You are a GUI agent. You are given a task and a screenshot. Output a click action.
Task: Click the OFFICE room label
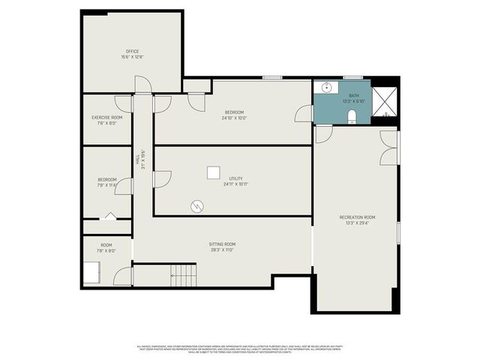(x=132, y=51)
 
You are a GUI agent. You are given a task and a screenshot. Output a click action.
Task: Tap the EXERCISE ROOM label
(x=106, y=117)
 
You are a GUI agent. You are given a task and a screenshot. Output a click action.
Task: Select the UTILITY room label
(x=235, y=178)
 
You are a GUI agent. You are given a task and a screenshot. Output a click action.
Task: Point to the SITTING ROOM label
(x=222, y=244)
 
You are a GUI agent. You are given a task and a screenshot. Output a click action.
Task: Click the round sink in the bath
(x=327, y=88)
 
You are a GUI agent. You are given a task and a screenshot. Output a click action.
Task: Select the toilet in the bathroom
(x=352, y=115)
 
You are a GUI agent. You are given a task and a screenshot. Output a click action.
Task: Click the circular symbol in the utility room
(x=197, y=205)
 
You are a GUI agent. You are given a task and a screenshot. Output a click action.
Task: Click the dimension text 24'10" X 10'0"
(x=235, y=118)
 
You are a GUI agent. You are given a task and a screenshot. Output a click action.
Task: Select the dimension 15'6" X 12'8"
(x=132, y=57)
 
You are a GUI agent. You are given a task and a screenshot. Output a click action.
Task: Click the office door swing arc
(x=143, y=84)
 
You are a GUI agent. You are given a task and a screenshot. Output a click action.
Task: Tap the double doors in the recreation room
(x=388, y=147)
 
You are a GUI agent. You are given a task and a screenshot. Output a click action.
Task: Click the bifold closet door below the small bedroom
(x=110, y=216)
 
